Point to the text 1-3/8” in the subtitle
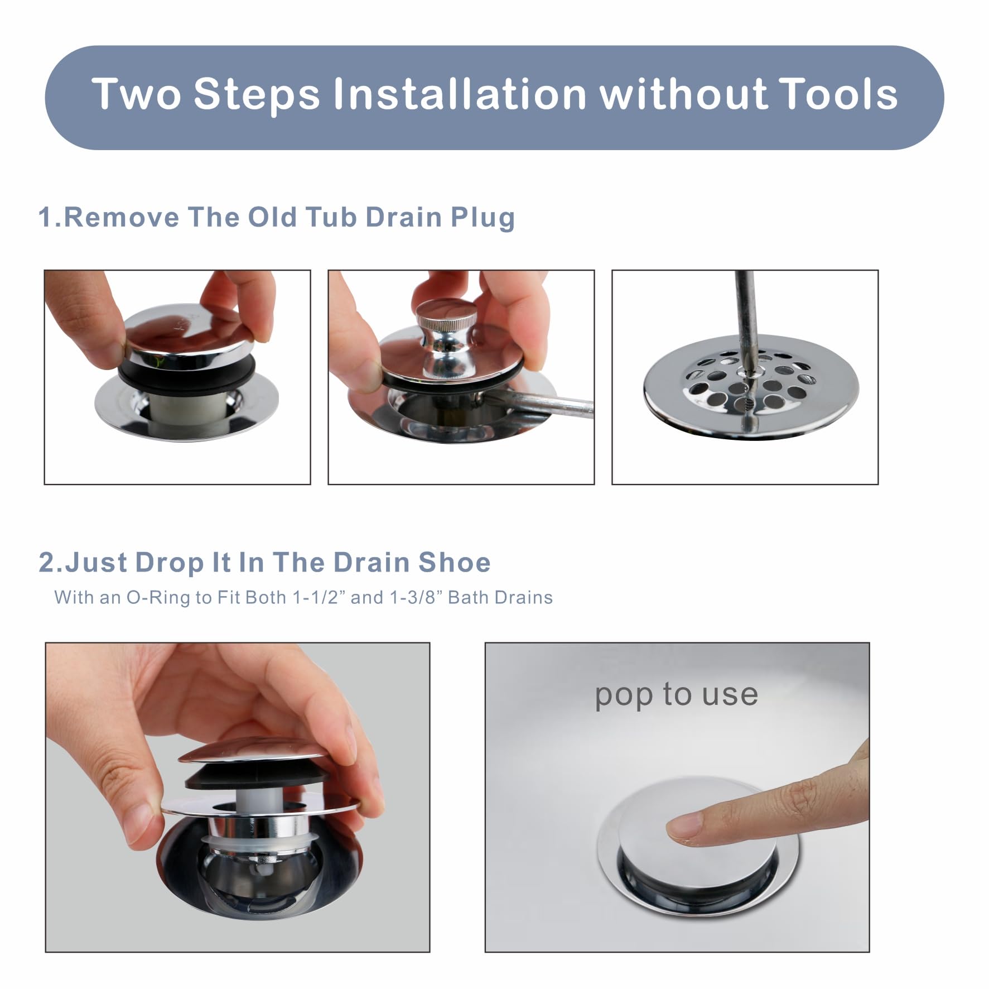415,598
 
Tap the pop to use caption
676,695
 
